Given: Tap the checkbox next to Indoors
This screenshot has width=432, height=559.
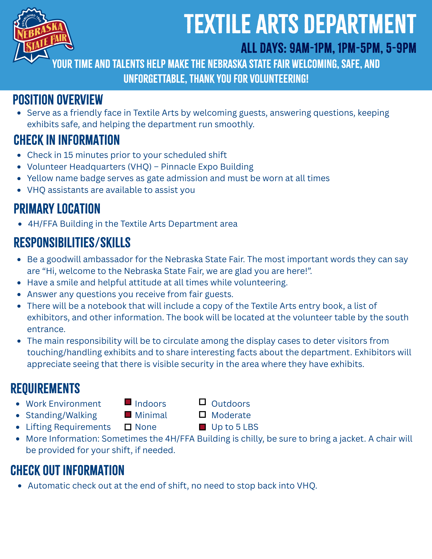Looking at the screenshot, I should coord(128,402).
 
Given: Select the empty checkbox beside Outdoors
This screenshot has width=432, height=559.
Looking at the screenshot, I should coord(202,402).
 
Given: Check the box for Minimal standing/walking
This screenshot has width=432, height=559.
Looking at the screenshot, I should coord(128,414).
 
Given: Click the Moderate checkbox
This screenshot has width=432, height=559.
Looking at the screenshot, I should coord(202,414).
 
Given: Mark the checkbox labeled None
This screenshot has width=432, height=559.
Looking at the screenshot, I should coord(128,427).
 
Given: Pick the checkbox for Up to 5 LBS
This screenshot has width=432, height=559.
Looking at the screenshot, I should coord(202,427).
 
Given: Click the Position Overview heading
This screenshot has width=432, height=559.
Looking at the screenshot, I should coord(58,100).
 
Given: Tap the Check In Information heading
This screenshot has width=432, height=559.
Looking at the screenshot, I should coord(67,140).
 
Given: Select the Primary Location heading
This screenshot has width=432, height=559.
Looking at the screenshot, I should coord(57,209).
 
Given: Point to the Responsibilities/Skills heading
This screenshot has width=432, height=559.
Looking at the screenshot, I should coord(72,243).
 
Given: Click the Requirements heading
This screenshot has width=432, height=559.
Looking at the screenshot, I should coord(45,389).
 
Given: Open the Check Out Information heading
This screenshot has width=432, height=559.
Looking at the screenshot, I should coord(67,470).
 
